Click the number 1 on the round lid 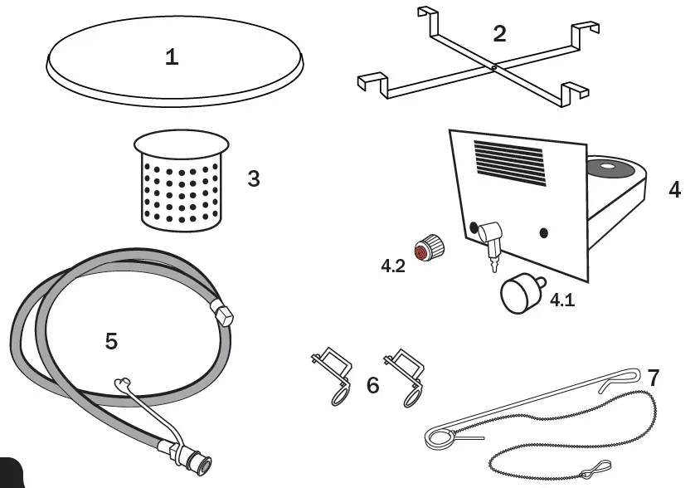[172, 57]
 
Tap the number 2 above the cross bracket [498, 34]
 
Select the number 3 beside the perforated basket [254, 178]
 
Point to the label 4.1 [562, 300]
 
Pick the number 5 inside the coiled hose [111, 341]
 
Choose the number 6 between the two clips [373, 385]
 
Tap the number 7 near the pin [654, 378]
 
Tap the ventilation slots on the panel [508, 161]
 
